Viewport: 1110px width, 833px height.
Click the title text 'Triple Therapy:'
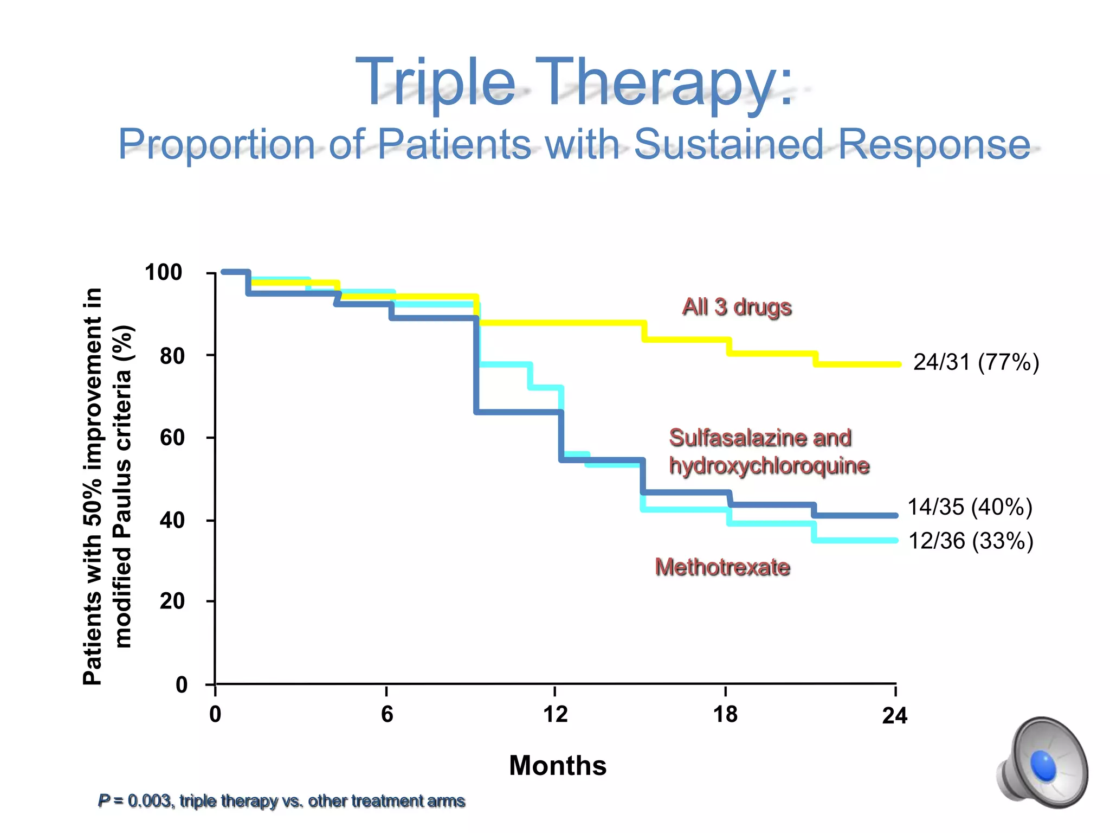(x=573, y=82)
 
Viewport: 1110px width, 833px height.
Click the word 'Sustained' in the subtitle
(x=728, y=144)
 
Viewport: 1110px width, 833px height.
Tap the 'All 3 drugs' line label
(x=737, y=307)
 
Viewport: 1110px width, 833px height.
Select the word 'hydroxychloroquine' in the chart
(x=769, y=466)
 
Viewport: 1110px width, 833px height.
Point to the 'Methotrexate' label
(x=722, y=567)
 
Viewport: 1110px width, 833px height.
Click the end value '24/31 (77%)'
(x=976, y=362)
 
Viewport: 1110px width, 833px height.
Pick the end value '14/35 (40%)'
(x=970, y=507)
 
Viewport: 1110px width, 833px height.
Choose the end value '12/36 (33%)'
(x=970, y=541)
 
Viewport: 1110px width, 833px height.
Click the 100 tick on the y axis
(x=163, y=272)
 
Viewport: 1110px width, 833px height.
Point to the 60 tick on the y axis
(x=172, y=438)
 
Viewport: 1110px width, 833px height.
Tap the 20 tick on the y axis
(x=172, y=601)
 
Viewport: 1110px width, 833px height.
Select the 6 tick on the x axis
(x=386, y=714)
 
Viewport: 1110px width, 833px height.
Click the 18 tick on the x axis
(x=725, y=714)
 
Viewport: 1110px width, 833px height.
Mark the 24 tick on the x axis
(x=894, y=716)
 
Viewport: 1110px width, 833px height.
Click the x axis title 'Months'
(x=558, y=766)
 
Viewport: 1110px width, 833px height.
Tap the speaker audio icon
(x=1042, y=764)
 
